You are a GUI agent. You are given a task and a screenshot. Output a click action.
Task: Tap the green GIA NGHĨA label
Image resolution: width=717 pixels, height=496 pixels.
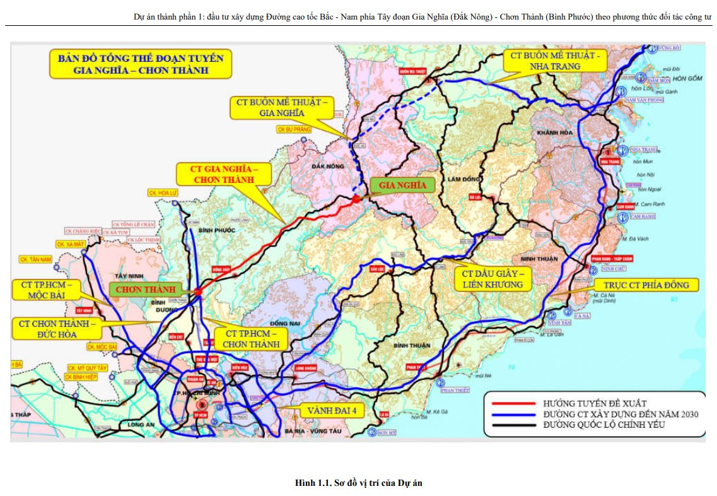pyautogui.click(x=403, y=185)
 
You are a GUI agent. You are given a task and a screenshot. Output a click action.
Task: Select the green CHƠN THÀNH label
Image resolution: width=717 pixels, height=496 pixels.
pyautogui.click(x=145, y=289)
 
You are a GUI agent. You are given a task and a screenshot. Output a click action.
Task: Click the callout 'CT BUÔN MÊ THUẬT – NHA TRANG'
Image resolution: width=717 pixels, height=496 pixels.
pyautogui.click(x=554, y=61)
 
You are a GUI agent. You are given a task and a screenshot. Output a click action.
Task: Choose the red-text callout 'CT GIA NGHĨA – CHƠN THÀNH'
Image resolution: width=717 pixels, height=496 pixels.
pyautogui.click(x=223, y=175)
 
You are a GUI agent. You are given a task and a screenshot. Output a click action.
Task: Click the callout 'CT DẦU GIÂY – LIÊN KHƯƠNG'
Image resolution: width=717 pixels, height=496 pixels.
pyautogui.click(x=493, y=279)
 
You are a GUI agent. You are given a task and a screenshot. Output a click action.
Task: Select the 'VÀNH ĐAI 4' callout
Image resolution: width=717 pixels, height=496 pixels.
pyautogui.click(x=332, y=410)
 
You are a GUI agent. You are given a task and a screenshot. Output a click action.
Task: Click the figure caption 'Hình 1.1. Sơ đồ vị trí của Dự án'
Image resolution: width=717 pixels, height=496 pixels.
pyautogui.click(x=358, y=483)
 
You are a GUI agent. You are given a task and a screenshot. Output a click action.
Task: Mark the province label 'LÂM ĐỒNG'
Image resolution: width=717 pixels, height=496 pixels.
pyautogui.click(x=461, y=179)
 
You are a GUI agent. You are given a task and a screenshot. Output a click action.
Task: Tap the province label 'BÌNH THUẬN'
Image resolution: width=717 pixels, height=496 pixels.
pyautogui.click(x=412, y=345)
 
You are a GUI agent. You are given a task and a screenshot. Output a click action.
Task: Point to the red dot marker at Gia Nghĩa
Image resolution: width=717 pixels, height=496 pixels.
pyautogui.click(x=357, y=199)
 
